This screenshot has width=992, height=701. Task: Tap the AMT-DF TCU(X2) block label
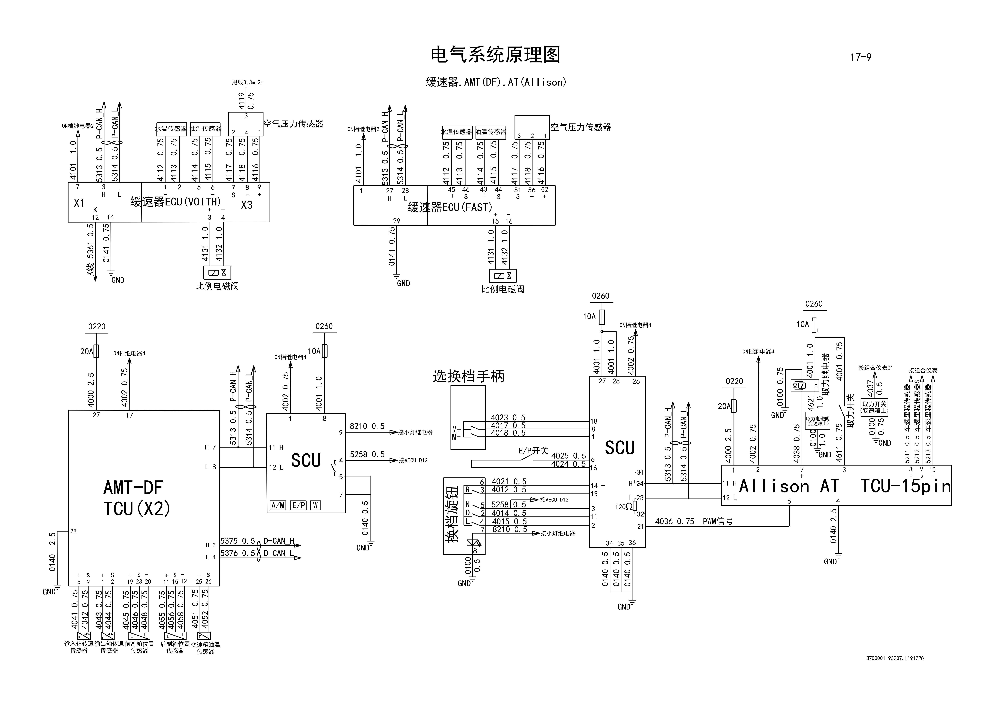coord(137,498)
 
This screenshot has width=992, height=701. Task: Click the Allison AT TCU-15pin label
coord(845,486)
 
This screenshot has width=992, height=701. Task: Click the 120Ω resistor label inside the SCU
coord(623,506)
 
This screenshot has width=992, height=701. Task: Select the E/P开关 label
coord(533,451)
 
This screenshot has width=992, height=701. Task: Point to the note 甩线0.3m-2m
coord(248,82)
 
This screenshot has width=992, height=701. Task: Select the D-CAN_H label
coord(279,541)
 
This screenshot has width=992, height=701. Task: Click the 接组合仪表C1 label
coord(875,368)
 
